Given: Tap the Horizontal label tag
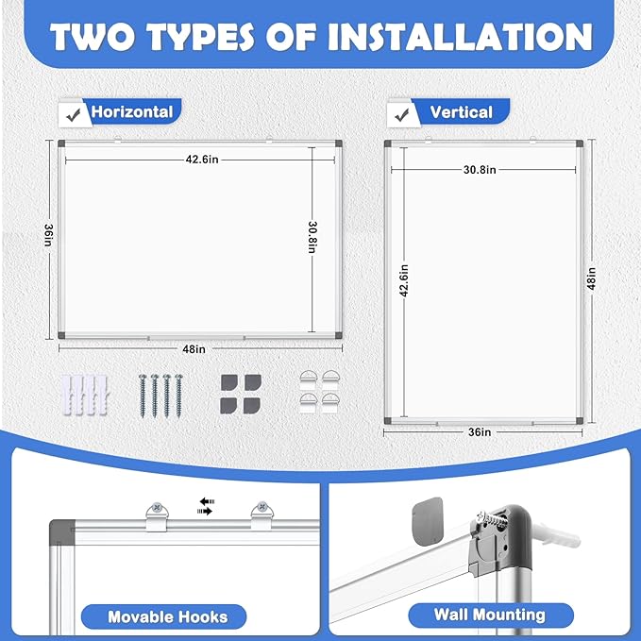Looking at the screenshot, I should pos(131,111).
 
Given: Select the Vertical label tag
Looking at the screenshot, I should pos(461,112).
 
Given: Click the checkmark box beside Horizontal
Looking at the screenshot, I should pos(71,113).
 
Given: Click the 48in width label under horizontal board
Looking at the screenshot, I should pos(194,349).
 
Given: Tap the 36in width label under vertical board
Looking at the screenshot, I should pos(481,431).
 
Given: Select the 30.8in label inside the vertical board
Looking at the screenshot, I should pos(481,170).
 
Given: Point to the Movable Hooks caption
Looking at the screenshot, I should pos(167,616).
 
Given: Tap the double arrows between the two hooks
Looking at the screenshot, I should pos(204,505).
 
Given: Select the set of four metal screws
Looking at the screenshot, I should pos(159,393).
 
